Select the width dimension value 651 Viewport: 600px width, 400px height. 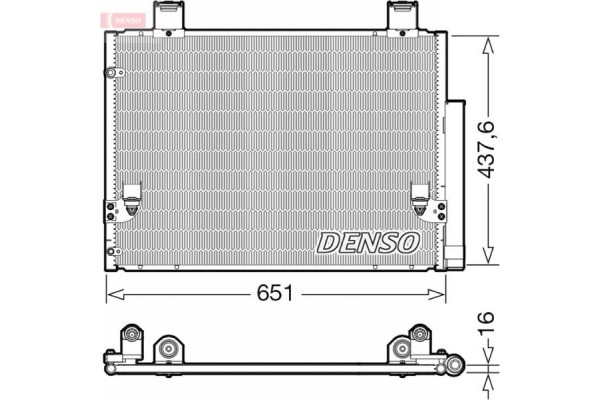276,294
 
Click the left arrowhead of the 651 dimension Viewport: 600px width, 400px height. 112,294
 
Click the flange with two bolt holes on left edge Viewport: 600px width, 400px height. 109,211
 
